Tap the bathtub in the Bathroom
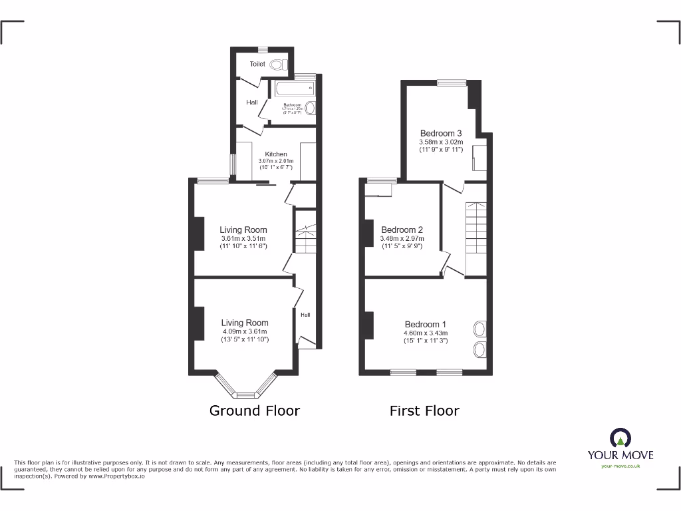pos(293,90)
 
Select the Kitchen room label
pos(276,154)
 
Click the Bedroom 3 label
pos(441,133)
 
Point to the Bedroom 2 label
pos(402,230)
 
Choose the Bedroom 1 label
pos(426,325)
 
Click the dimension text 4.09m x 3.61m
pos(245,331)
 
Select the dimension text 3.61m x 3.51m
pos(243,238)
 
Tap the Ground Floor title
pos(255,411)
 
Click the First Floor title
pos(424,411)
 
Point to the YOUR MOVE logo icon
pos(620,438)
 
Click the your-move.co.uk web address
pos(620,466)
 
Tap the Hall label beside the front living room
pos(305,315)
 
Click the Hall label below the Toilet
pos(252,102)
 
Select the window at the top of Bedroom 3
pos(452,83)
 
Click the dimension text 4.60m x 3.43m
pos(426,333)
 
